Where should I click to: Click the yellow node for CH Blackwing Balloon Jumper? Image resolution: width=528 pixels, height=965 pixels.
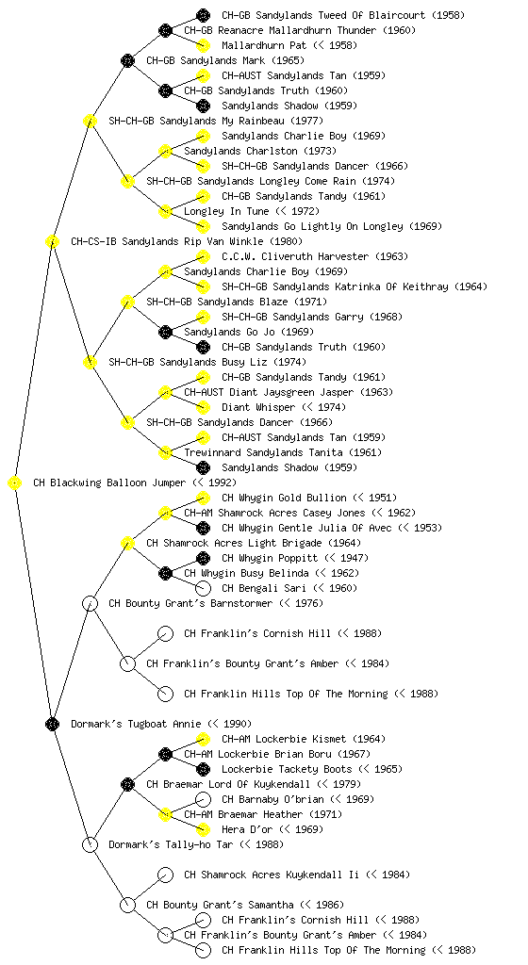[15, 482]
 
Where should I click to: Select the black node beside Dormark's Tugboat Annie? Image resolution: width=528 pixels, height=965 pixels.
[52, 724]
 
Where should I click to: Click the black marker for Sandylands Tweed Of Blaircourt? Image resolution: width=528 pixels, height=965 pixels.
[203, 15]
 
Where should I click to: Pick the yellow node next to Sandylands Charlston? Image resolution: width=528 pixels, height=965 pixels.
[165, 151]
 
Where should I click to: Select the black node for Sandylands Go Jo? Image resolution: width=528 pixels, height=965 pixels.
[165, 332]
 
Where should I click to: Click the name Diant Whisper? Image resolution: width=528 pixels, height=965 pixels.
[258, 407]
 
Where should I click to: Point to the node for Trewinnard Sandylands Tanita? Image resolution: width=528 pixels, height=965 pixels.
[165, 452]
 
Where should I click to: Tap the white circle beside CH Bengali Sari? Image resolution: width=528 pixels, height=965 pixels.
[203, 588]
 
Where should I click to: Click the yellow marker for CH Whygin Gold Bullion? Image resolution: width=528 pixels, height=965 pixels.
[203, 498]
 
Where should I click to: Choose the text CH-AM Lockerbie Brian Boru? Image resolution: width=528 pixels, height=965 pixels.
[257, 754]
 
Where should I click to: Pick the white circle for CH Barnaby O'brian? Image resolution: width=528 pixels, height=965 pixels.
[203, 799]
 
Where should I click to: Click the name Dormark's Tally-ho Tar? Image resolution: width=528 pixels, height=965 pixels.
[171, 844]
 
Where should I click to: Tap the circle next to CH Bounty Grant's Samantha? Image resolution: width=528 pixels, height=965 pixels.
[127, 905]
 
